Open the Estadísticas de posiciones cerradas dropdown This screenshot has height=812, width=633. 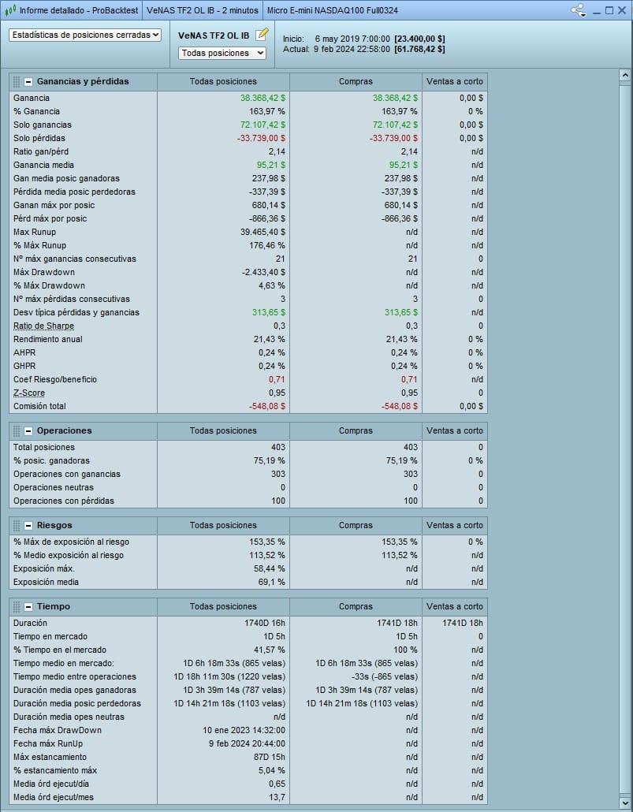point(85,35)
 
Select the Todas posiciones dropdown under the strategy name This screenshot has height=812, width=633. point(222,53)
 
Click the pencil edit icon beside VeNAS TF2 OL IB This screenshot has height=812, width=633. point(263,35)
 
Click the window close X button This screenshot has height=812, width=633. point(621,10)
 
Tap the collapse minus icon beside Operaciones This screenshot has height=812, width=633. point(28,431)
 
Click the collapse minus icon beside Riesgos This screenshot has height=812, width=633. point(28,526)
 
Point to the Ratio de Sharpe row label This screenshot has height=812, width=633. point(43,326)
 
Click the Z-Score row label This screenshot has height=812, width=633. point(29,393)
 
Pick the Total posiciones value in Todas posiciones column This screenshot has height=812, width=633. point(277,447)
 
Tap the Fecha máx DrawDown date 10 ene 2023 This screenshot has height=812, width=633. point(244,730)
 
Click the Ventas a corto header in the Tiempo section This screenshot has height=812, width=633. point(454,607)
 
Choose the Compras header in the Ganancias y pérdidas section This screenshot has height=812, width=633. point(356,81)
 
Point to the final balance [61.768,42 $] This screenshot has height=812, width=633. point(419,49)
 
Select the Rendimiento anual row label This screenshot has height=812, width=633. point(47,339)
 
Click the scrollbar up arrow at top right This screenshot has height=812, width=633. point(624,76)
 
